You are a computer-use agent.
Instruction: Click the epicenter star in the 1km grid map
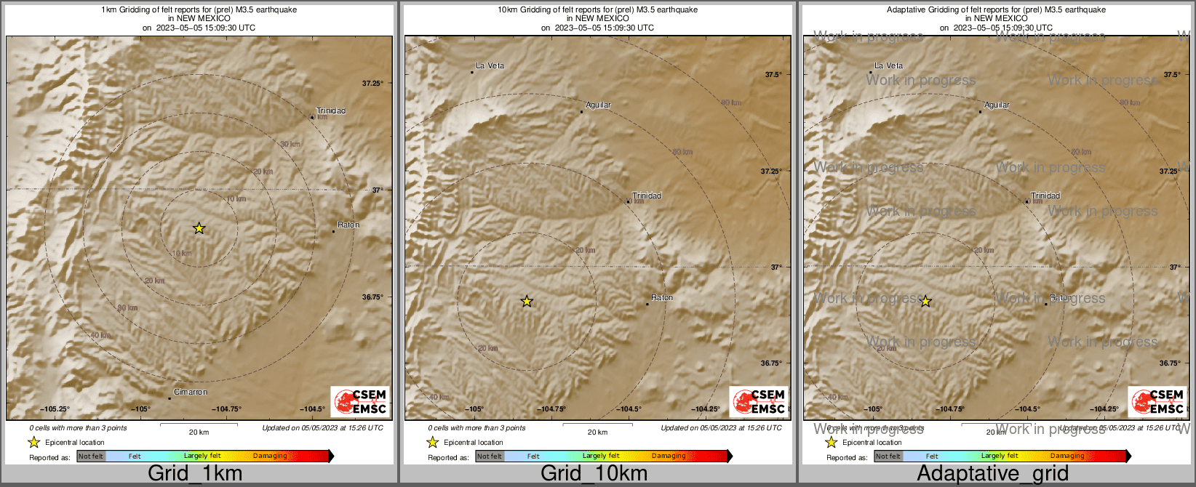point(199,228)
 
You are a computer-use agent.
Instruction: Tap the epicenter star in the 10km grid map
point(527,301)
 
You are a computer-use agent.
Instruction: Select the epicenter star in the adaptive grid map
point(925,301)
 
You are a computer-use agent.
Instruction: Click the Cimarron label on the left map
point(191,393)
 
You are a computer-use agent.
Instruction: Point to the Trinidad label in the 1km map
point(331,111)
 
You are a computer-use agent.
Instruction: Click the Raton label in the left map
point(348,225)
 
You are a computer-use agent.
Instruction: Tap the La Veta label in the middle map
point(490,66)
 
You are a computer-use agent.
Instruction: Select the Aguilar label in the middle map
point(598,105)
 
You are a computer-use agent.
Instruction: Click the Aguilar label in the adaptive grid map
point(997,105)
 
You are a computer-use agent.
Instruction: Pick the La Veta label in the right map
point(888,66)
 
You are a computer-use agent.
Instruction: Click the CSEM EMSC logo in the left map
point(360,402)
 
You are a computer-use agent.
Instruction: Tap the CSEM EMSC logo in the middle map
point(759,402)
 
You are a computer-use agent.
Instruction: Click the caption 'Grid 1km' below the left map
point(195,474)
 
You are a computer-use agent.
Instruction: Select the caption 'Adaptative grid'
point(992,474)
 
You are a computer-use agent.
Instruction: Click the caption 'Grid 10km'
point(594,474)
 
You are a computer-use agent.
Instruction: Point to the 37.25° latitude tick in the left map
point(372,84)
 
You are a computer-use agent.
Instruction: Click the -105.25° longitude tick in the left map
point(55,409)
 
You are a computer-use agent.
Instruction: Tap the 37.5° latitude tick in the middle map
point(773,75)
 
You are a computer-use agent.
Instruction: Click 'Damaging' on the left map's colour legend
point(270,456)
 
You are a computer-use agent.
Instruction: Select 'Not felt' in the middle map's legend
point(490,456)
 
